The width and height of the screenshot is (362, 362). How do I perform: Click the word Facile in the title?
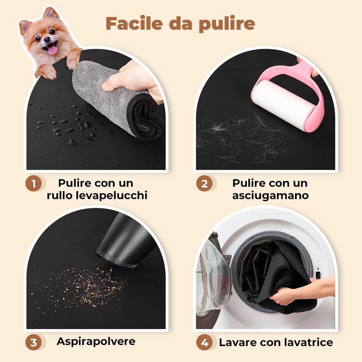coord(134,23)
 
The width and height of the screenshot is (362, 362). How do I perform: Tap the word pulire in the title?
coord(227,24)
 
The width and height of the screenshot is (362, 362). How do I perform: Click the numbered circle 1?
coord(33,184)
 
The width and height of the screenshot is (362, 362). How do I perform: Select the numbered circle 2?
coord(204,184)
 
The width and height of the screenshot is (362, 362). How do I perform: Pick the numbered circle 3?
coord(33,342)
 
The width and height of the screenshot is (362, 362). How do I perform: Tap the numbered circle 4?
coord(205,342)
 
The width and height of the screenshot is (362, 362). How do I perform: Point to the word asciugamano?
coord(270,196)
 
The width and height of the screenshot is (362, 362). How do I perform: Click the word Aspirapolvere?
coord(96,342)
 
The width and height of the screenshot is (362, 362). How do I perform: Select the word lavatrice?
coord(308,342)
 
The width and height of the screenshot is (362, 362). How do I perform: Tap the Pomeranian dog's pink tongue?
coord(52,49)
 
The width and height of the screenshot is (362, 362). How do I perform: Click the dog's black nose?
coord(47,39)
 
